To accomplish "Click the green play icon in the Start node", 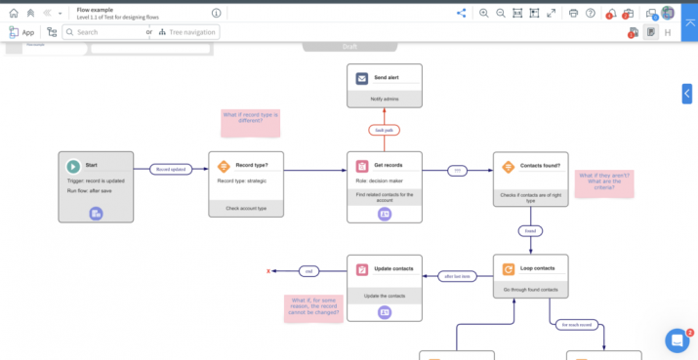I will tap(73, 166).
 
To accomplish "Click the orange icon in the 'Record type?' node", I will tap(224, 166).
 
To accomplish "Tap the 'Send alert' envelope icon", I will tap(362, 78).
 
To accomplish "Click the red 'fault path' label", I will tap(385, 129).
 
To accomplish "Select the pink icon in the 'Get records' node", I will tap(362, 166).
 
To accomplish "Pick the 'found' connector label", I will tap(530, 231).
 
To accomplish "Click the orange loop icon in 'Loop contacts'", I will tap(509, 269).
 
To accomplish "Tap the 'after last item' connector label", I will tap(457, 276).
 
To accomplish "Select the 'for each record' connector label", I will tap(575, 324).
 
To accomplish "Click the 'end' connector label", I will tap(308, 270).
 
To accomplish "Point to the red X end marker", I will tap(268, 270).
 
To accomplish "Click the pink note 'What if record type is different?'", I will tap(250, 122).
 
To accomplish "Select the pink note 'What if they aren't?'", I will tap(602, 181).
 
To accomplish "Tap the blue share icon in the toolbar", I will tap(461, 13).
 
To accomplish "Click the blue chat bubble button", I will tap(677, 340).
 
